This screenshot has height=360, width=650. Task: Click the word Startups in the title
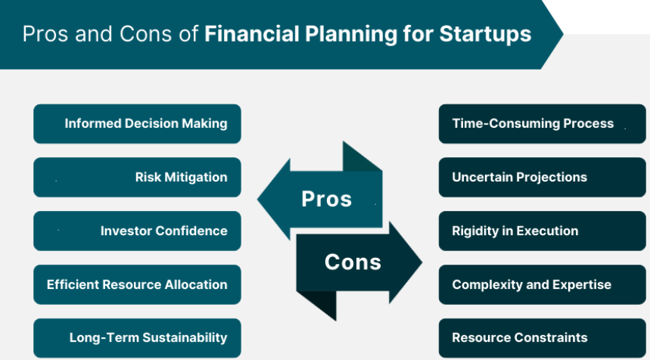485,35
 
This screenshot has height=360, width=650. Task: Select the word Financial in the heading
252,33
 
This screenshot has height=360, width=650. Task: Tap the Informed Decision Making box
137,124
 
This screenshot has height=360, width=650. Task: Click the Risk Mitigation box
137,177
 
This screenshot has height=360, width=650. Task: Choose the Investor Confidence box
137,231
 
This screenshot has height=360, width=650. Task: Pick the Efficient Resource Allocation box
137,284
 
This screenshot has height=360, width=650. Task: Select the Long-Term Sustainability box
137,338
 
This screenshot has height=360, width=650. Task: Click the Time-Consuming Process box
543,124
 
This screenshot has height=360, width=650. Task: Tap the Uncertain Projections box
543,177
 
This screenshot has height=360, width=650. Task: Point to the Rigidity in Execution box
543,231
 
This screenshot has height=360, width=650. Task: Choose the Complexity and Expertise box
543,284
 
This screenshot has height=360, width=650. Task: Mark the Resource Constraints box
543,338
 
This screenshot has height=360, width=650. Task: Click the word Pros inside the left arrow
327,199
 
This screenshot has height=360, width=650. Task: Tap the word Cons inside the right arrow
353,262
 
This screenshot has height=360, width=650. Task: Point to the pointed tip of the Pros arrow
258,199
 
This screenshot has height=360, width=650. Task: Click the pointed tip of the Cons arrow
422,262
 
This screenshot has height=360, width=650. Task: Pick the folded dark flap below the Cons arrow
320,304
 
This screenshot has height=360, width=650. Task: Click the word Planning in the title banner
351,35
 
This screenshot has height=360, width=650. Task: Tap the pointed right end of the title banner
563,34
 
